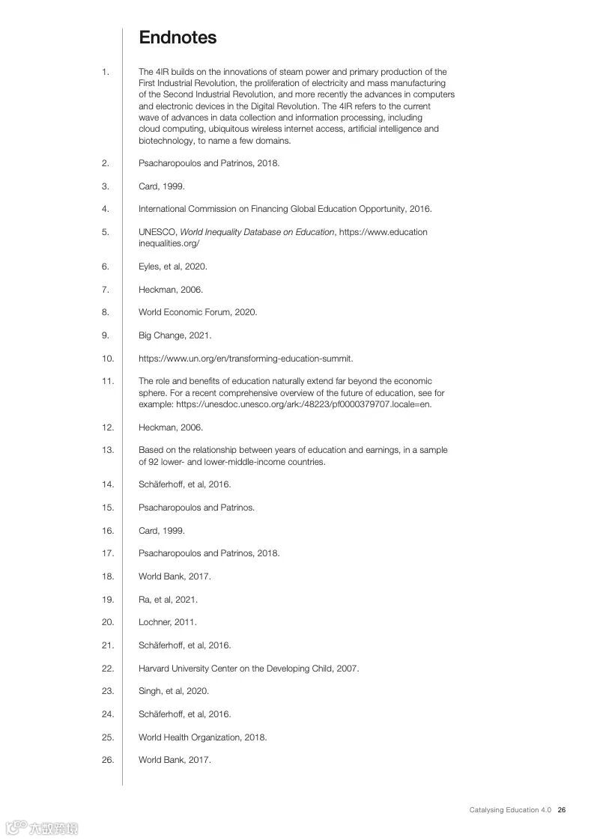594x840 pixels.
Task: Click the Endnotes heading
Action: pyautogui.click(x=178, y=37)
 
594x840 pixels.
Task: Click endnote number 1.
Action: pyautogui.click(x=106, y=72)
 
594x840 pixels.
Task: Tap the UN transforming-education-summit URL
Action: pyautogui.click(x=246, y=358)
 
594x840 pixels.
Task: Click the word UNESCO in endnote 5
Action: pyautogui.click(x=157, y=232)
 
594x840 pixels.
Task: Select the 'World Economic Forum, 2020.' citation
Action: pyautogui.click(x=198, y=312)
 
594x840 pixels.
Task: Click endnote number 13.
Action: pyautogui.click(x=107, y=450)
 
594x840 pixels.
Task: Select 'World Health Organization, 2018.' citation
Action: pyautogui.click(x=202, y=737)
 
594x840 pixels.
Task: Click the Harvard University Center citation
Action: pyautogui.click(x=249, y=668)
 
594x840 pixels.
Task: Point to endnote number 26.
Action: pyautogui.click(x=107, y=760)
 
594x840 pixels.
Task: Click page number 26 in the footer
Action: pyautogui.click(x=562, y=810)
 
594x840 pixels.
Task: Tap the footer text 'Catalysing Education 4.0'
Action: pyautogui.click(x=510, y=810)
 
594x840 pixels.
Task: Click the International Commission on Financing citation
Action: pyautogui.click(x=285, y=209)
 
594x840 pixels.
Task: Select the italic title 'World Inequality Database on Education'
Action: pyautogui.click(x=257, y=232)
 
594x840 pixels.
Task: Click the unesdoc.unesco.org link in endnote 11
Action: pyautogui.click(x=304, y=404)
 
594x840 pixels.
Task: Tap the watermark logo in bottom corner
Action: pyautogui.click(x=42, y=827)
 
